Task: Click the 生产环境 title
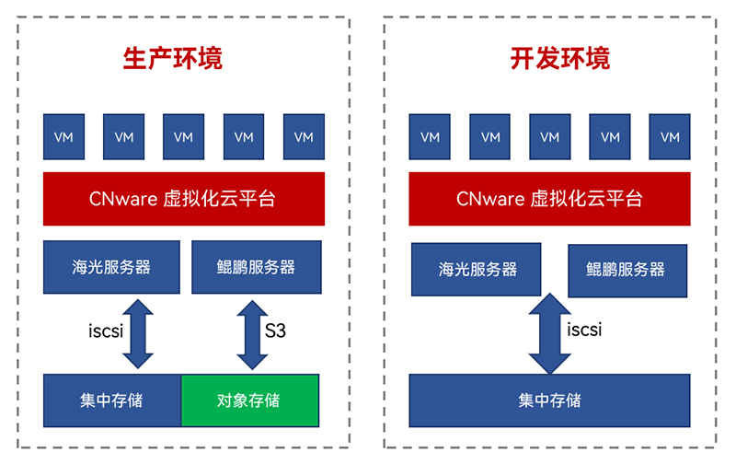[x=172, y=59]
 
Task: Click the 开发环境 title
[x=560, y=59]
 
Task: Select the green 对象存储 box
[x=250, y=400]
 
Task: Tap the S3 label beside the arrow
[x=275, y=331]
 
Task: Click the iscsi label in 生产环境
[x=106, y=331]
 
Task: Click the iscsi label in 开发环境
[x=584, y=330]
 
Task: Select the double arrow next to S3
[x=252, y=335]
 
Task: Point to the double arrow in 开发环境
[x=549, y=333]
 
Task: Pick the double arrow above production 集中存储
[x=138, y=334]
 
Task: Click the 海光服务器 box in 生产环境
[x=111, y=267]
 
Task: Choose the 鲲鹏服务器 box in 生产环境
[x=257, y=267]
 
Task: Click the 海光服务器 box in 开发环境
[x=476, y=270]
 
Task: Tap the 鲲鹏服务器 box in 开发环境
[x=627, y=271]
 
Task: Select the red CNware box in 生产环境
[x=184, y=199]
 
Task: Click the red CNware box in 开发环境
[x=549, y=199]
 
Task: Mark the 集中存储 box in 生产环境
[x=112, y=400]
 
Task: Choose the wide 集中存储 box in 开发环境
[x=549, y=400]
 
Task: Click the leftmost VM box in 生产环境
[x=63, y=136]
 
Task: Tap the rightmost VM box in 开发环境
[x=670, y=136]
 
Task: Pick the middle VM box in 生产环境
[x=183, y=136]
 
